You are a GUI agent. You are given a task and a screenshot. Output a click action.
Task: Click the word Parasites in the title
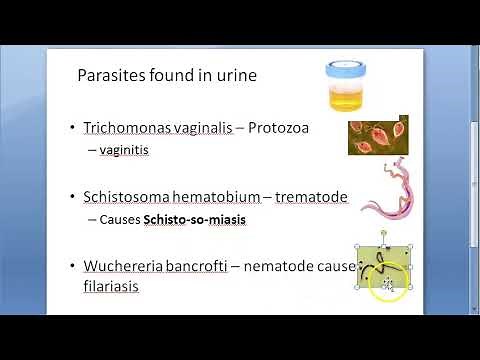coord(108,75)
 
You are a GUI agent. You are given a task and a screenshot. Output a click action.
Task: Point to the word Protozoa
coord(285,128)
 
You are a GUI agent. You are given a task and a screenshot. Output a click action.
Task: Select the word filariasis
coord(111,286)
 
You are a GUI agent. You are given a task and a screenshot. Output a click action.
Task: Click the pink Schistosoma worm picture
coord(384,200)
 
